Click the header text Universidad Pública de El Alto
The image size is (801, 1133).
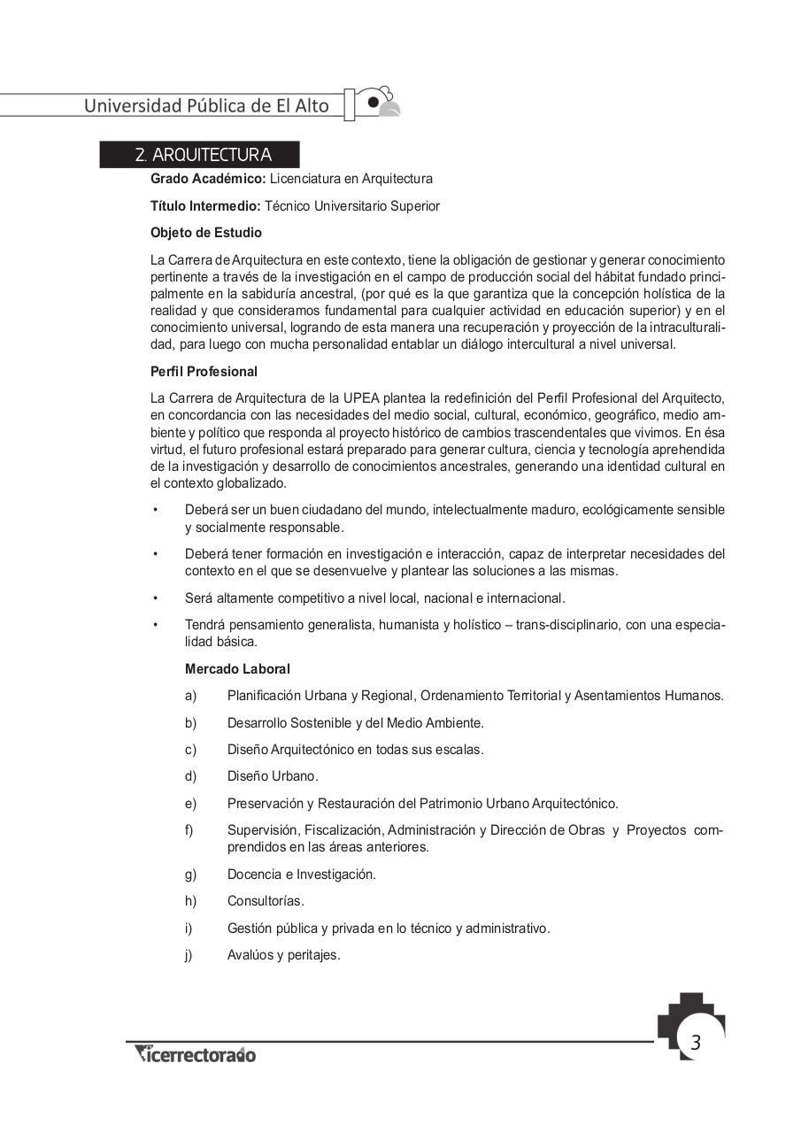pyautogui.click(x=206, y=105)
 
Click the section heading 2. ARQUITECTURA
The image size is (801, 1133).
pyautogui.click(x=203, y=155)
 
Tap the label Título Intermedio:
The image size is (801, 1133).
pyautogui.click(x=205, y=206)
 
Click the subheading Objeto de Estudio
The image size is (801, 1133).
pyautogui.click(x=206, y=233)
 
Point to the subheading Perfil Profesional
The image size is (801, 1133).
pyautogui.click(x=204, y=372)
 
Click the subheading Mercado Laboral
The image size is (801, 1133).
pyautogui.click(x=237, y=669)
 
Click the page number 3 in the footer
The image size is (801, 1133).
pyautogui.click(x=695, y=1043)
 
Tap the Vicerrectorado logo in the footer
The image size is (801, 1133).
pyautogui.click(x=195, y=1054)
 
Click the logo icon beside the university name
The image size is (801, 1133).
pyautogui.click(x=381, y=103)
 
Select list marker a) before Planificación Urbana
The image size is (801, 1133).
pyautogui.click(x=190, y=696)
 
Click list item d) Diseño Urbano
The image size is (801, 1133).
pyautogui.click(x=272, y=776)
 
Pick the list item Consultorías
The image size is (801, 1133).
pyautogui.click(x=265, y=901)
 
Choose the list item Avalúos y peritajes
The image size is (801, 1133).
pyautogui.click(x=283, y=955)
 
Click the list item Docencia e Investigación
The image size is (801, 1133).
pyautogui.click(x=301, y=875)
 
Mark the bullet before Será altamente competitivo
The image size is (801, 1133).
pyautogui.click(x=155, y=598)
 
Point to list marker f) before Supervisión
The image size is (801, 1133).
pyautogui.click(x=189, y=830)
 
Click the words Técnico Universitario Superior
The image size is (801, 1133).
pyautogui.click(x=352, y=206)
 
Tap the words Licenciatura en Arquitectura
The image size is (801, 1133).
pyautogui.click(x=351, y=179)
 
